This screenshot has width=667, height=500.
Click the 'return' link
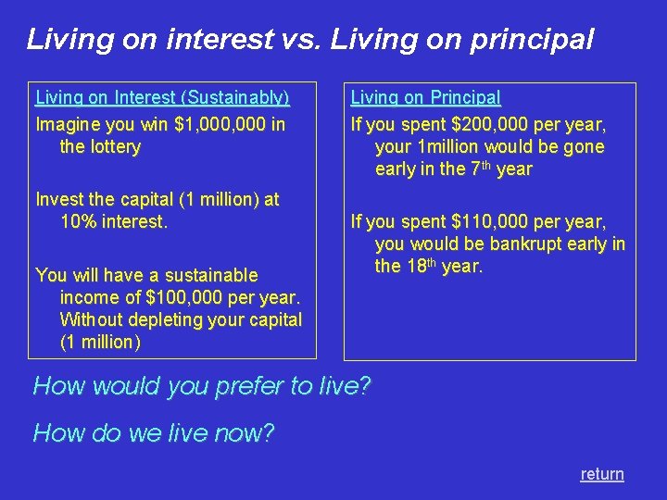pyautogui.click(x=602, y=474)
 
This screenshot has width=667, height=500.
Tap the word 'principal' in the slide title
pyautogui.click(x=532, y=41)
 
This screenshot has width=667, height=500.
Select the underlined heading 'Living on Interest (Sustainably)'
pyautogui.click(x=162, y=97)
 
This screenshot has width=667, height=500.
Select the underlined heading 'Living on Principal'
pyautogui.click(x=425, y=97)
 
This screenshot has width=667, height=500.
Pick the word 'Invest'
pyautogui.click(x=58, y=199)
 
